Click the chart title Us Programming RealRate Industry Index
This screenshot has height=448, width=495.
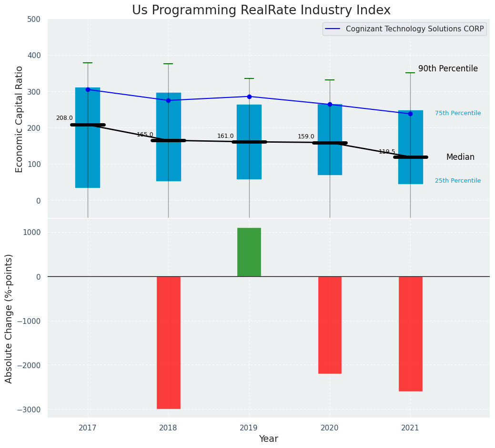(x=261, y=10)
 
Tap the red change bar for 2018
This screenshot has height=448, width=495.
(x=169, y=342)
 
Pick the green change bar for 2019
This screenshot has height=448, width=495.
(x=249, y=252)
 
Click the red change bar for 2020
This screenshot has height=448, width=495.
(x=330, y=325)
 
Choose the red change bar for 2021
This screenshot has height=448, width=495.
(x=410, y=334)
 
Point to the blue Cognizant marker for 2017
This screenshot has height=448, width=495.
(x=88, y=89)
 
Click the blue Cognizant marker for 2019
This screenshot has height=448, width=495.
(x=249, y=97)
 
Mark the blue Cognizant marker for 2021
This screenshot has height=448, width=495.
(x=410, y=114)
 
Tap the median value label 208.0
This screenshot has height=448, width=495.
(x=64, y=118)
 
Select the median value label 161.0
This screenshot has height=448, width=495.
(x=225, y=136)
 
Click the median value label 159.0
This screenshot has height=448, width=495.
(x=306, y=137)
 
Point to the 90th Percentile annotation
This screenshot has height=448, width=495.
(x=448, y=69)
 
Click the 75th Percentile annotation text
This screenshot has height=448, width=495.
(x=458, y=113)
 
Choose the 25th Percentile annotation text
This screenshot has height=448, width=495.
(x=458, y=181)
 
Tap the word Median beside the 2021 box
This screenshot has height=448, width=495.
(x=460, y=157)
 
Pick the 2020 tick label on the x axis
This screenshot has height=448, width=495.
(x=330, y=428)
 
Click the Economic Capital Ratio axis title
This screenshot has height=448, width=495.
(x=20, y=119)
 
